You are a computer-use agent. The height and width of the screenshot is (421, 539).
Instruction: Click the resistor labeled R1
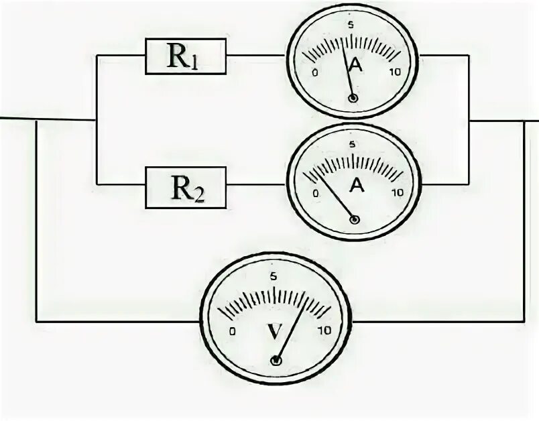[x=186, y=56]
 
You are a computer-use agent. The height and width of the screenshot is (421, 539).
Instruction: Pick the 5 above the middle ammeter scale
[x=353, y=143]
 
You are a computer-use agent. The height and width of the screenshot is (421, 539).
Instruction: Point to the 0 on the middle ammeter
[x=316, y=192]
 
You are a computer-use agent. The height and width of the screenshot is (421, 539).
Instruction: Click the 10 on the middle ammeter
[x=397, y=192]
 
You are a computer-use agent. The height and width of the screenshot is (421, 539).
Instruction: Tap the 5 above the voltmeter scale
[x=273, y=276]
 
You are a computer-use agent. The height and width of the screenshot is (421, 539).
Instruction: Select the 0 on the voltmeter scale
[x=232, y=331]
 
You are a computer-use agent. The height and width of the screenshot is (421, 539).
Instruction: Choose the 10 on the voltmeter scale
[x=325, y=331]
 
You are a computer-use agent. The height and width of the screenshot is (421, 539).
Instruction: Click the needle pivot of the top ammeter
[x=353, y=99]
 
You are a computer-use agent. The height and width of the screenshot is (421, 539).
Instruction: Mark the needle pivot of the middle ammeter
[x=355, y=219]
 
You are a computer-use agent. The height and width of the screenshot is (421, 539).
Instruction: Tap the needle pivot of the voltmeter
[x=276, y=361]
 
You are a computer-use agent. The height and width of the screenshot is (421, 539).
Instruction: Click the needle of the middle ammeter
[x=332, y=196]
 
